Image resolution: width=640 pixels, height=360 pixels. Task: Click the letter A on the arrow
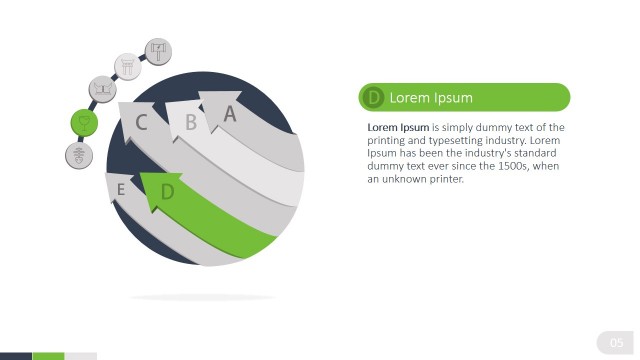pyautogui.click(x=230, y=114)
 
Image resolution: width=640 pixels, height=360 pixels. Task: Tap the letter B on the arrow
pyautogui.click(x=190, y=123)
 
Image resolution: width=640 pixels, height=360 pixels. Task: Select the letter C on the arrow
pyautogui.click(x=142, y=123)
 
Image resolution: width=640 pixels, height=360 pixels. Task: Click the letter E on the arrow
pyautogui.click(x=121, y=189)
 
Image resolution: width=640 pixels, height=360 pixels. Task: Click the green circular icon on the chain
pyautogui.click(x=84, y=123)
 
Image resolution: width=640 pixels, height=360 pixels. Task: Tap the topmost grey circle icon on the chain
pyautogui.click(x=159, y=50)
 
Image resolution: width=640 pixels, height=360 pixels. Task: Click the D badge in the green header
pyautogui.click(x=374, y=97)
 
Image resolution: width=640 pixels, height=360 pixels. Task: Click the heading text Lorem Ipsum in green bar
pyautogui.click(x=431, y=97)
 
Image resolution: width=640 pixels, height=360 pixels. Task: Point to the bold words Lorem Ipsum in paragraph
pyautogui.click(x=398, y=128)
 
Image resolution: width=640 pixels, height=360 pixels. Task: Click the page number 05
pyautogui.click(x=616, y=344)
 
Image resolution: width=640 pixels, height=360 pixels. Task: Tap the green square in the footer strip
pyautogui.click(x=48, y=356)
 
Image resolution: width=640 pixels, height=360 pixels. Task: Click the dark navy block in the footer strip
pyautogui.click(x=16, y=356)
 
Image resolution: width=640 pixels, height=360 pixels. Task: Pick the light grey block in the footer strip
pyautogui.click(x=80, y=356)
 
